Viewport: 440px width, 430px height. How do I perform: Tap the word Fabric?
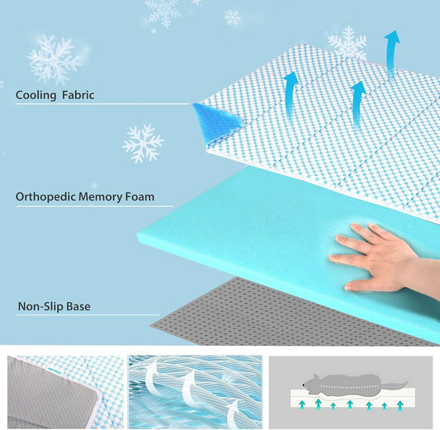click(77, 95)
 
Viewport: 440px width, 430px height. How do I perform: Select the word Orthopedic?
click(45, 198)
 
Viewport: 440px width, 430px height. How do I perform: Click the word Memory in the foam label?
click(101, 198)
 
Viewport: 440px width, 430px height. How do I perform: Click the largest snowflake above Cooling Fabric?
click(54, 59)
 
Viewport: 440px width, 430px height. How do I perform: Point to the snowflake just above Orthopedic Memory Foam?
click(143, 144)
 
